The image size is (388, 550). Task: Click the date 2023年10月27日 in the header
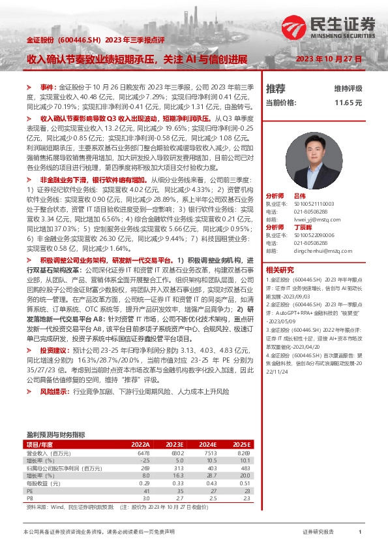pyautogui.click(x=329, y=59)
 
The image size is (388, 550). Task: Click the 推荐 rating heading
pyautogui.click(x=276, y=88)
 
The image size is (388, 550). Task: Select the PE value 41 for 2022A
pyautogui.click(x=147, y=489)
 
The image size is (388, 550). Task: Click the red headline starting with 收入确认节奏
pyautogui.click(x=137, y=59)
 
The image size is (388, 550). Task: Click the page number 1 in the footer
pyautogui.click(x=360, y=532)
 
